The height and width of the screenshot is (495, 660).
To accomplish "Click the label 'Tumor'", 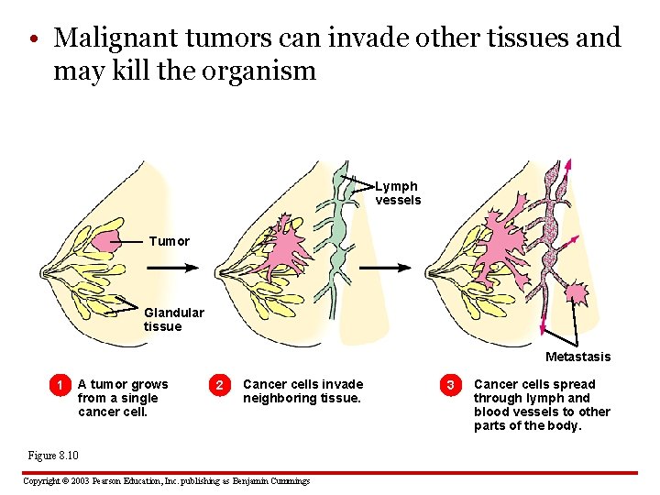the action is (x=169, y=241).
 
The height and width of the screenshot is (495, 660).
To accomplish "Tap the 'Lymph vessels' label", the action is (x=398, y=193).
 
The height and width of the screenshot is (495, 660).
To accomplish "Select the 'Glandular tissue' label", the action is (x=173, y=319).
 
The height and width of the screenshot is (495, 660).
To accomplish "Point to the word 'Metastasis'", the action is (x=577, y=357).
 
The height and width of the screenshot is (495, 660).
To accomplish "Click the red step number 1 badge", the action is (x=60, y=384).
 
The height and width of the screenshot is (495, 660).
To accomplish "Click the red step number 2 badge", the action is (x=219, y=384).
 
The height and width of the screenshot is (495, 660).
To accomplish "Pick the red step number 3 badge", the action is (x=450, y=384).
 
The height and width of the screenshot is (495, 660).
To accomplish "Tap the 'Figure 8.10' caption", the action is (x=53, y=456).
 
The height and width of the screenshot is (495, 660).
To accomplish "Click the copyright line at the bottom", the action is (x=166, y=481).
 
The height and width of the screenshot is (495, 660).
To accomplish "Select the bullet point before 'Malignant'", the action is (x=32, y=39).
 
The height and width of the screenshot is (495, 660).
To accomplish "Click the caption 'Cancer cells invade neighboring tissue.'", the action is (x=302, y=391).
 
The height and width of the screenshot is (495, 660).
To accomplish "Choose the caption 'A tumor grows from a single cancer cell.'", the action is (x=123, y=398).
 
